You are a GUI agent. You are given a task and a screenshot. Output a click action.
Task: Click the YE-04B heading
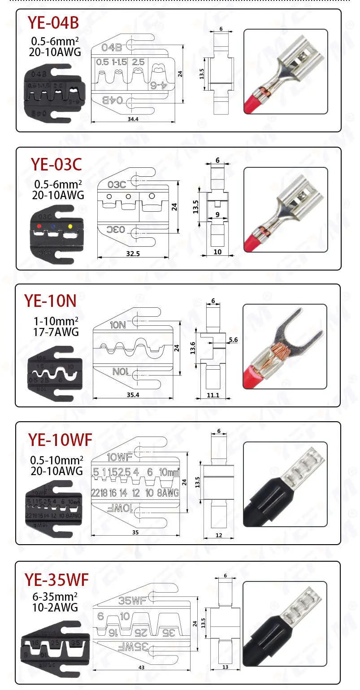coord(54,22)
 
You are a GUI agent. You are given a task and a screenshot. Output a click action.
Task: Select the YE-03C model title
coord(56,165)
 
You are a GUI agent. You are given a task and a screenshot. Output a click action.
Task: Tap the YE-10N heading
coord(50,301)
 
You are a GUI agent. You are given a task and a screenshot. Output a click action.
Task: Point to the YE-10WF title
coord(60,440)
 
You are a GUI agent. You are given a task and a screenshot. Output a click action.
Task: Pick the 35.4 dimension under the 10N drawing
coord(133,395)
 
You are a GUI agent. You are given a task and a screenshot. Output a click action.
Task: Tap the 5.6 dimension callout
coord(233,340)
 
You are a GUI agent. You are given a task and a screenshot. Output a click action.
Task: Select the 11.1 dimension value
coord(213,395)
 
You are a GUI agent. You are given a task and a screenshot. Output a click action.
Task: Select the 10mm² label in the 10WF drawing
coord(169,472)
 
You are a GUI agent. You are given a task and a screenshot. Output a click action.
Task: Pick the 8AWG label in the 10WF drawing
coord(169,493)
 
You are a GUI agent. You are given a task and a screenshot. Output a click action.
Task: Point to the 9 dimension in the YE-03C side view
coord(217,215)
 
